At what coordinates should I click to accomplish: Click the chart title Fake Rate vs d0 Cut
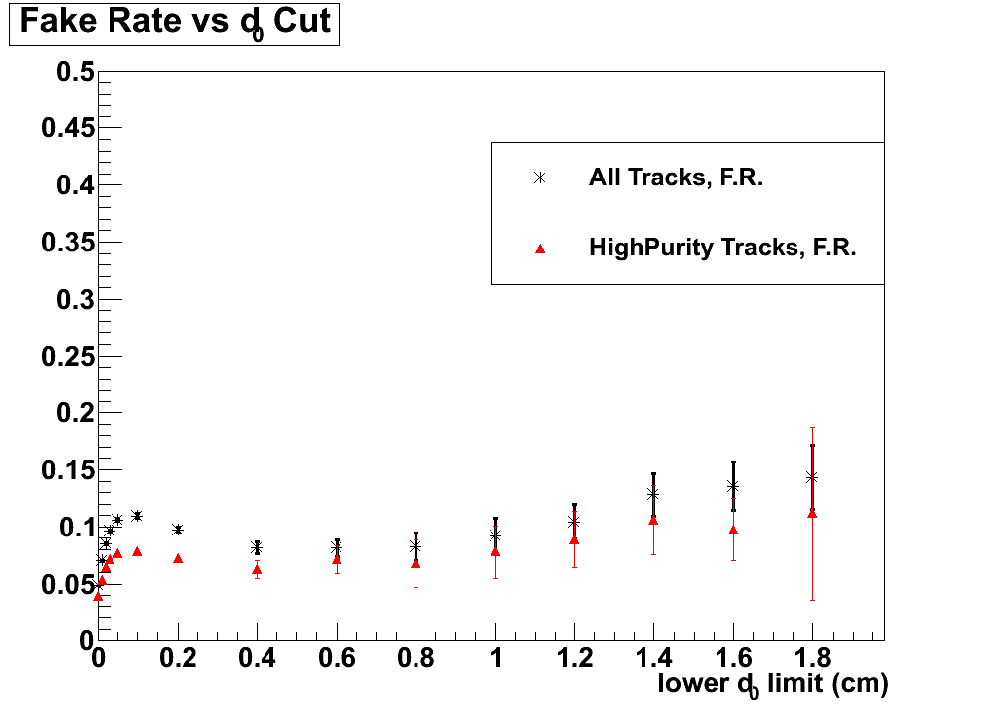pos(175,23)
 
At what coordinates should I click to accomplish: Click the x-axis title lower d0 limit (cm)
pos(773,684)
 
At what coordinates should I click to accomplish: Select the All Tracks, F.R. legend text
pos(676,178)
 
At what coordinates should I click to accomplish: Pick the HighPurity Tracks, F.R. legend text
pos(722,249)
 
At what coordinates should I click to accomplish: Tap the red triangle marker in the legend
pos(539,249)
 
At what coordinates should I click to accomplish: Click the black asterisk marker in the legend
pos(539,178)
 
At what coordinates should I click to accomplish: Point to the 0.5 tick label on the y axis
pos(74,72)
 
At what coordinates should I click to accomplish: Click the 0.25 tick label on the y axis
pos(67,356)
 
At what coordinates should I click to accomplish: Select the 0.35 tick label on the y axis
pos(67,243)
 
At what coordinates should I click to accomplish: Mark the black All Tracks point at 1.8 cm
pos(812,477)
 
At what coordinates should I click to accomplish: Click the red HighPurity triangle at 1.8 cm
pos(812,513)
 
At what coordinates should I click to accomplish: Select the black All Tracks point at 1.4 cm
pos(653,494)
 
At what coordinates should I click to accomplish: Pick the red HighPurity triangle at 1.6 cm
pos(733,530)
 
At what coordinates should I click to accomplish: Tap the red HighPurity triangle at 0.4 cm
pos(257,569)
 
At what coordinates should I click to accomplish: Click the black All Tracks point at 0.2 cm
pos(178,530)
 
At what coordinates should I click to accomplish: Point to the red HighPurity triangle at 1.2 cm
pos(574,539)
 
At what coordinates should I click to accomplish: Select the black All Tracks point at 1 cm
pos(495,535)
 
